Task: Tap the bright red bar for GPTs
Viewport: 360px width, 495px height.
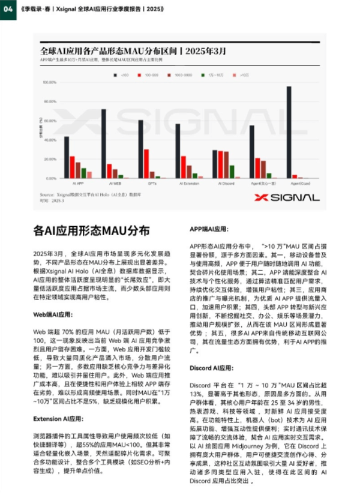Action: tap(147, 164)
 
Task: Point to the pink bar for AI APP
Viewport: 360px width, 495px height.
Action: tap(89, 175)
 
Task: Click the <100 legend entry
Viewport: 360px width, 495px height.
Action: tap(120, 74)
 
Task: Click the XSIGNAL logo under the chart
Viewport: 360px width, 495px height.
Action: tap(287, 197)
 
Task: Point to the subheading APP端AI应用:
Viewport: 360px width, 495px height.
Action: tap(211, 229)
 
